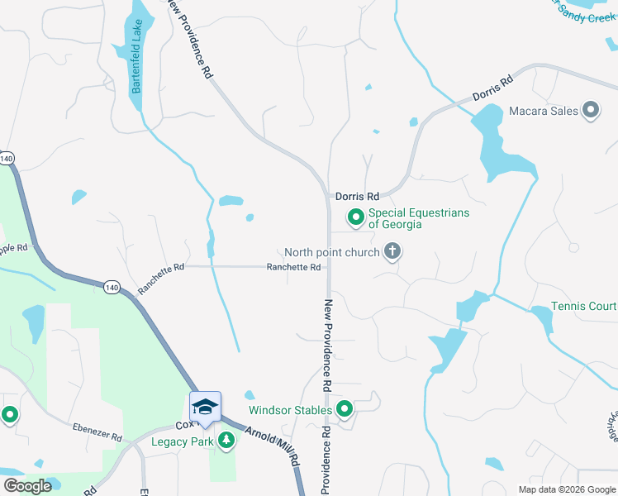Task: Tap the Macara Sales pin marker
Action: [x=591, y=110]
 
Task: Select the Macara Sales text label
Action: [x=543, y=111]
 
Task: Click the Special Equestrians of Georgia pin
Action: [x=356, y=217]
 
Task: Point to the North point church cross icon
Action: [x=392, y=251]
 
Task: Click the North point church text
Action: [x=331, y=252]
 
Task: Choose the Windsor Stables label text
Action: [x=291, y=409]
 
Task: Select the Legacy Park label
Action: [x=183, y=441]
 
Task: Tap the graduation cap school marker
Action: [x=204, y=405]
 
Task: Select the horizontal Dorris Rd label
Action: [x=357, y=197]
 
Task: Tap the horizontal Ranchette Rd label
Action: [x=293, y=267]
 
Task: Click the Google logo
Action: [x=27, y=486]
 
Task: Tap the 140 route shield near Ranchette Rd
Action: [x=111, y=287]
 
